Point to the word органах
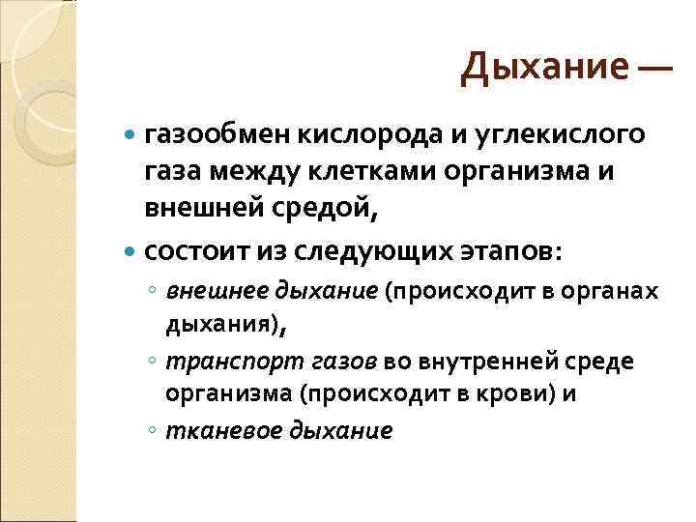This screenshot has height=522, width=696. pos(613,291)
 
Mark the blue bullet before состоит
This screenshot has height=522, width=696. pos(132,251)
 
